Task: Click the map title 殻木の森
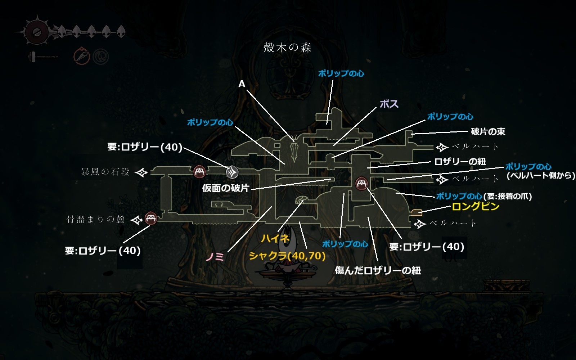pyautogui.click(x=287, y=48)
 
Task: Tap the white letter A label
pyautogui.click(x=242, y=84)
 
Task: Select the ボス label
pyautogui.click(x=389, y=104)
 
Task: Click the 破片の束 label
pyautogui.click(x=488, y=132)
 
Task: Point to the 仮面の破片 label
pyautogui.click(x=225, y=188)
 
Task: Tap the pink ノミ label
pyautogui.click(x=215, y=257)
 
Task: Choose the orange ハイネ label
pyautogui.click(x=275, y=238)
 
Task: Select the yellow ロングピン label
pyautogui.click(x=475, y=206)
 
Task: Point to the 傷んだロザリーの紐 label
pyautogui.click(x=378, y=270)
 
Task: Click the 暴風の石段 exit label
pyautogui.click(x=105, y=172)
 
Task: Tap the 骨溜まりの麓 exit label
pyautogui.click(x=96, y=219)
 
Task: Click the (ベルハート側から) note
pyautogui.click(x=541, y=176)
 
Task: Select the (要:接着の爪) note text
pyautogui.click(x=508, y=196)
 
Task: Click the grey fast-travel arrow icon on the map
pyautogui.click(x=232, y=172)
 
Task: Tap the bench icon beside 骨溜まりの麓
pyautogui.click(x=150, y=218)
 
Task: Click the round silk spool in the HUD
pyautogui.click(x=36, y=32)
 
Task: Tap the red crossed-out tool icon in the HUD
pyautogui.click(x=81, y=57)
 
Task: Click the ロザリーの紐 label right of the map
pyautogui.click(x=460, y=162)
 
